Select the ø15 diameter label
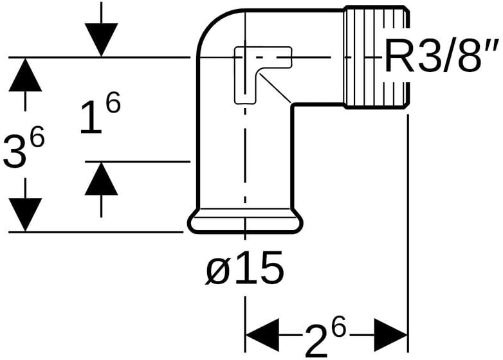coord(244,269)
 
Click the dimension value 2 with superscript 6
coord(325,336)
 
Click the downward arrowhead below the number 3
coord(25,214)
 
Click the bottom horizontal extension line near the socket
coord(96,231)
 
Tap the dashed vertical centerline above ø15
coord(244,161)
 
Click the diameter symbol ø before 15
coord(217,270)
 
